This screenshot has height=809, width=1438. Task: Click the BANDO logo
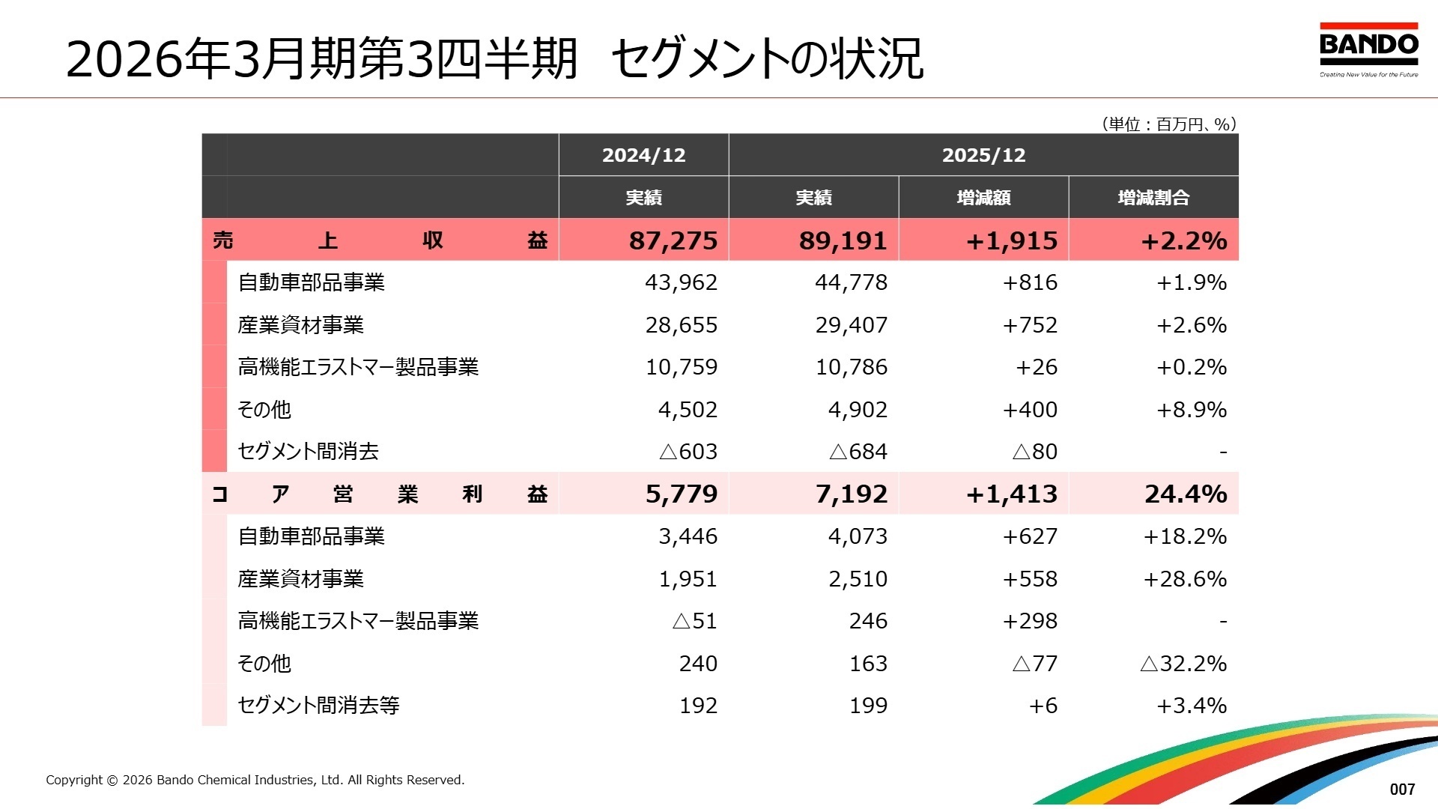(x=1368, y=49)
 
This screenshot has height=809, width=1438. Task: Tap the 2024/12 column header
(x=643, y=155)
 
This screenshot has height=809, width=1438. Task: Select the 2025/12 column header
(x=983, y=155)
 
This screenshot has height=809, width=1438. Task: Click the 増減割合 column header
(x=1153, y=198)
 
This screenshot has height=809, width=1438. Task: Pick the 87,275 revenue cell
(x=673, y=240)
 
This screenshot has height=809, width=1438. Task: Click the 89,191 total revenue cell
(x=843, y=240)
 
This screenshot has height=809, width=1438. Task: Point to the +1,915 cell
(x=1012, y=240)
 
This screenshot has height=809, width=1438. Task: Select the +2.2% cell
(x=1184, y=240)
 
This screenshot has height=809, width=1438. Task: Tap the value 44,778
(x=851, y=282)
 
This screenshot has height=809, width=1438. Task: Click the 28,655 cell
(x=681, y=325)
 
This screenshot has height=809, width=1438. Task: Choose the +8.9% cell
(x=1192, y=410)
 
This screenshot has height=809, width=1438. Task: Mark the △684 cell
(x=858, y=452)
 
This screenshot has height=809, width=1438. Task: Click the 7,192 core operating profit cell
(x=852, y=494)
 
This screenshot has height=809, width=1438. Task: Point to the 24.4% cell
(x=1186, y=494)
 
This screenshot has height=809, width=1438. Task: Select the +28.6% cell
(x=1185, y=579)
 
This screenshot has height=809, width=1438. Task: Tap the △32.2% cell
(x=1183, y=664)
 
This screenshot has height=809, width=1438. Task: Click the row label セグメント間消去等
(x=318, y=705)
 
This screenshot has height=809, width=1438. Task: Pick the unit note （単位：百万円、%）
(x=1168, y=124)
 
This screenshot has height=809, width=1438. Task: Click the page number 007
(x=1402, y=789)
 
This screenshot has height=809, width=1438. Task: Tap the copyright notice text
(x=255, y=780)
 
